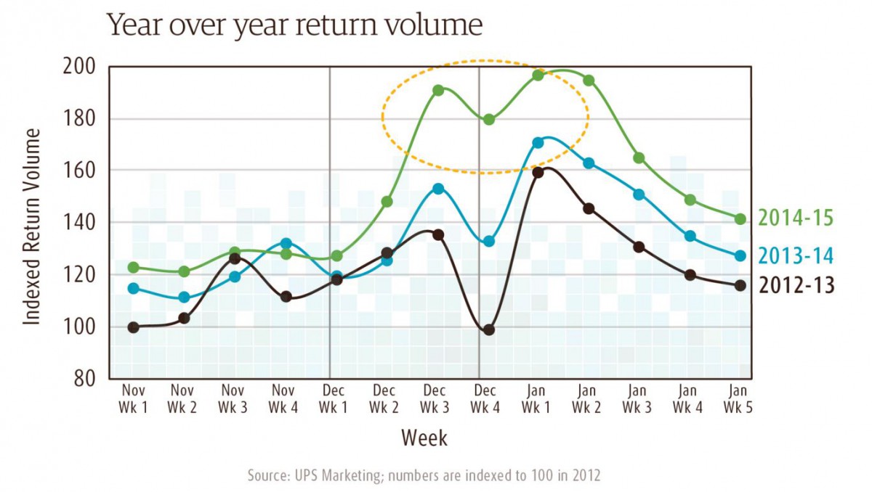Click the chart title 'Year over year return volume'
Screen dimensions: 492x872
[294, 26]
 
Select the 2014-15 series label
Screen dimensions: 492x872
[796, 218]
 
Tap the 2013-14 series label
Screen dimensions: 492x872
[796, 255]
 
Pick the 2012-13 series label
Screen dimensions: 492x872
[796, 285]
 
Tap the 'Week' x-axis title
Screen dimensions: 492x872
[424, 438]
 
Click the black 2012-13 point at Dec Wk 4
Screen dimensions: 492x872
[488, 329]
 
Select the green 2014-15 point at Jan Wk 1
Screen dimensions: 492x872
[538, 75]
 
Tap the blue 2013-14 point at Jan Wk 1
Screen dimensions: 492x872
[538, 143]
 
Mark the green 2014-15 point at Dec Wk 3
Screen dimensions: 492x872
[438, 91]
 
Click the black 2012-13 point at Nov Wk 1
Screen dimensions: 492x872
[133, 327]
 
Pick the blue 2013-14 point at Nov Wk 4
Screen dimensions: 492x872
[286, 244]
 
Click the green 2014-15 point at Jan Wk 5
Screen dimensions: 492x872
[740, 219]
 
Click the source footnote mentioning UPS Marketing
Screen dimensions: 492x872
[424, 475]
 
